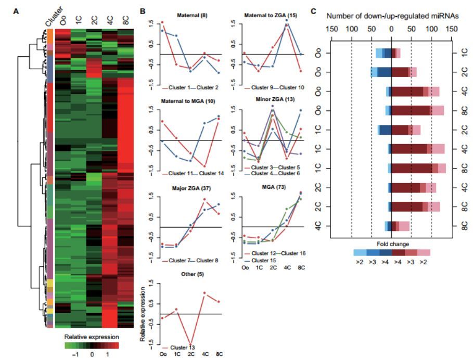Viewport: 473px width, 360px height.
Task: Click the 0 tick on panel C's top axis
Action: point(391,29)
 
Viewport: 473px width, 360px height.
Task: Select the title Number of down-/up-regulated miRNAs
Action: point(392,16)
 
